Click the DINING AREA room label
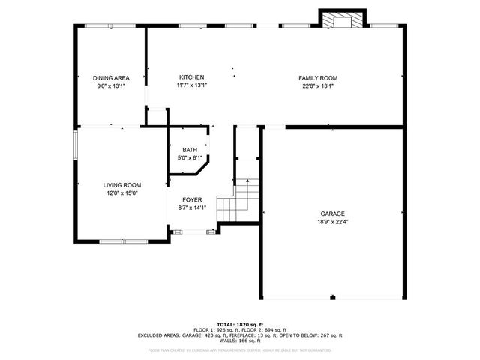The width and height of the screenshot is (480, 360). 110,78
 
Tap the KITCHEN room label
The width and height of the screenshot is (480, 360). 191,77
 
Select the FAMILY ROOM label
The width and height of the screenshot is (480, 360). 318,77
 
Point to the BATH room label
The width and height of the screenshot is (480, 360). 190,150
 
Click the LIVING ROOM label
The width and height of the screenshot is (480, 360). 121,185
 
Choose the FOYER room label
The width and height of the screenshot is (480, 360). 192,200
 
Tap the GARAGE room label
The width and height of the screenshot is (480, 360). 333,214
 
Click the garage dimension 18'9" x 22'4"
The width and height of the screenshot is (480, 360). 333,221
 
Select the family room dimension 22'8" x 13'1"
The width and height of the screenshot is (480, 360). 318,85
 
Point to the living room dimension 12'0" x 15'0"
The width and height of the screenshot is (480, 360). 121,193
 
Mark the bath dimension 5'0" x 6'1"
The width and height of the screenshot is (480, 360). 190,158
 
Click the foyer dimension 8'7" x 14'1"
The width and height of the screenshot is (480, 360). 192,208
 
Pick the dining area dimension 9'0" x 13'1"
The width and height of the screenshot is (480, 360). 110,85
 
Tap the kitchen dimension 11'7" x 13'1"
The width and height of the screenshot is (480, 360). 191,85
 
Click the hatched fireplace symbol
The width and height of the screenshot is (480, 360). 342,20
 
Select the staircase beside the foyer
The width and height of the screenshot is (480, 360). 238,199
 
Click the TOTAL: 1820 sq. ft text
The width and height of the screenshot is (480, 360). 239,323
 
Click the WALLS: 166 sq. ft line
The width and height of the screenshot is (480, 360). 239,341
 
